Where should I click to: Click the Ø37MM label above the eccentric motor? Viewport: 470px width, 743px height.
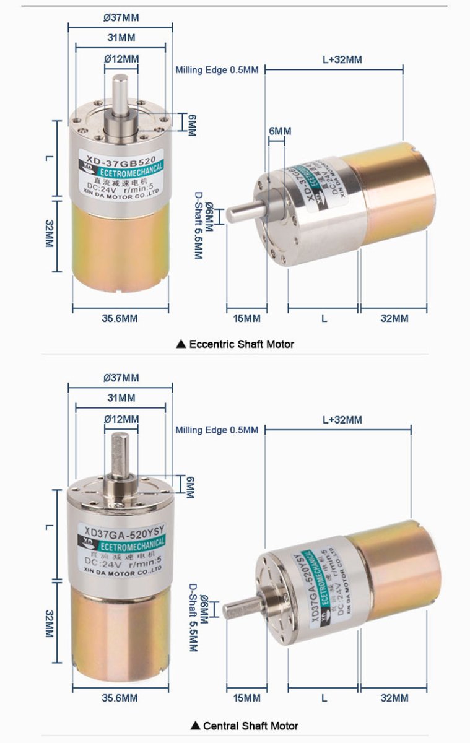click(121, 17)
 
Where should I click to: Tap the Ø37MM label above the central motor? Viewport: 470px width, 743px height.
click(121, 378)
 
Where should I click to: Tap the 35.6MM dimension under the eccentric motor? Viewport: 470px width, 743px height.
click(120, 318)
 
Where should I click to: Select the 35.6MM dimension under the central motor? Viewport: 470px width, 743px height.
click(120, 698)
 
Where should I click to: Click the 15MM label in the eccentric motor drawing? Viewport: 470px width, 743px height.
click(246, 318)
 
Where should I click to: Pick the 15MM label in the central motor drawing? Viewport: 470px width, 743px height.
click(246, 698)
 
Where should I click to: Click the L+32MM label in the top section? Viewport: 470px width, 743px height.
click(342, 59)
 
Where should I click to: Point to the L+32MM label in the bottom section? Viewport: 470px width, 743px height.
click(342, 420)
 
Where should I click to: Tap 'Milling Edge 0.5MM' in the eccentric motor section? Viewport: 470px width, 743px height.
click(217, 70)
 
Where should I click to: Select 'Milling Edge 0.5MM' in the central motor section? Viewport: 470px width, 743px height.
click(217, 430)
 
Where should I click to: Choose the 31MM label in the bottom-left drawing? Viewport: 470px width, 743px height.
click(121, 398)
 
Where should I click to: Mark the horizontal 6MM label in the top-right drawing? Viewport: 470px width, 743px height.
click(279, 131)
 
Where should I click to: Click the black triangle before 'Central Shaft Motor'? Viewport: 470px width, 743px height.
click(196, 726)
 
